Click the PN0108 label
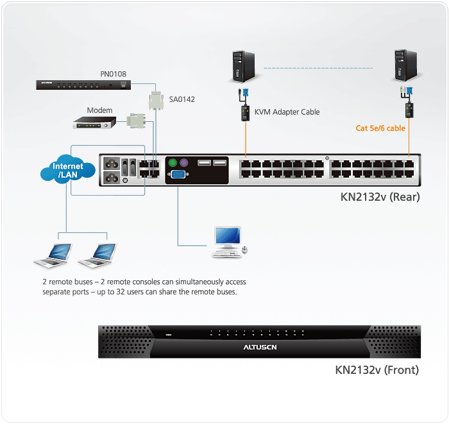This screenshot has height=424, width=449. pos(113,74)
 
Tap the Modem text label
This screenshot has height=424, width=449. pos(99,110)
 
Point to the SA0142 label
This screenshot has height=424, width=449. pos(182,99)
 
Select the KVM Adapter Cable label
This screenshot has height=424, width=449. pos(287,112)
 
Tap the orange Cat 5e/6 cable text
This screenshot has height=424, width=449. pos(380,128)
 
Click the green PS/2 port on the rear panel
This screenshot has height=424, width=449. pos(173,163)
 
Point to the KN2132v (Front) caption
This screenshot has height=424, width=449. pos(377,369)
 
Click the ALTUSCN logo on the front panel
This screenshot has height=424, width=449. pos(260,346)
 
